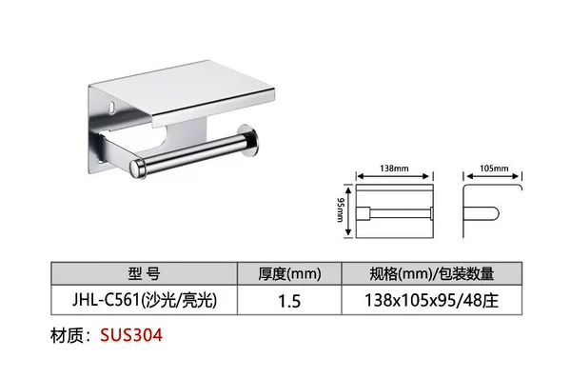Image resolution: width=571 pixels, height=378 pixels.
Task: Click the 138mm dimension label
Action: point(394,169)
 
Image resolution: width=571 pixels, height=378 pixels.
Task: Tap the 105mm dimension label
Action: point(494,169)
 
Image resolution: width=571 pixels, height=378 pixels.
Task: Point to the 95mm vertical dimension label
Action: point(340,210)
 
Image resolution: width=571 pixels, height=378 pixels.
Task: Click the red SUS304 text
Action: point(131,335)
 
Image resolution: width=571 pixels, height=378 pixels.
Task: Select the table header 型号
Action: point(144,273)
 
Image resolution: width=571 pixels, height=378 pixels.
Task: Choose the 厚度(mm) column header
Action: point(289,274)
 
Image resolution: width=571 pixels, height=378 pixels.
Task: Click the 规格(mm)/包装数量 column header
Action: point(432,274)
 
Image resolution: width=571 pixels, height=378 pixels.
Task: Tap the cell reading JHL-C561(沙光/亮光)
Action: point(145,300)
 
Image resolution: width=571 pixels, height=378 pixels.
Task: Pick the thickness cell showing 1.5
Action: point(289,301)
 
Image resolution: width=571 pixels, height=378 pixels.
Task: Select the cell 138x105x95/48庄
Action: point(431,301)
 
